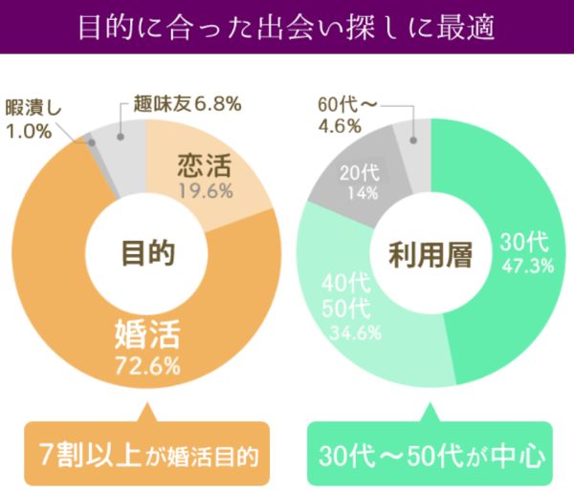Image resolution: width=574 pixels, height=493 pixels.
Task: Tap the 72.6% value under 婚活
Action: coord(148,365)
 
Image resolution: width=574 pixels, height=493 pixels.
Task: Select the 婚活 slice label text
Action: coord(148,336)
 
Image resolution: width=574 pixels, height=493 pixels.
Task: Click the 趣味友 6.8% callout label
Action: coord(188,102)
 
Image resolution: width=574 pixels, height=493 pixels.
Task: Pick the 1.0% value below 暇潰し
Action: coord(29,132)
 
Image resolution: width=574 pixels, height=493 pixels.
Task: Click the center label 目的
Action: coord(148,253)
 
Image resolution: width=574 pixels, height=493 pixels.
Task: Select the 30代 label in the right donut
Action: coord(524,243)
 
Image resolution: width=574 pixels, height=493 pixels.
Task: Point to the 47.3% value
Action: coord(524,266)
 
